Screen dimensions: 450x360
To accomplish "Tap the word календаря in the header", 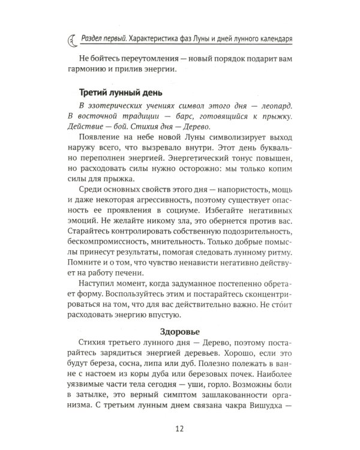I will pyautogui.click(x=273, y=40).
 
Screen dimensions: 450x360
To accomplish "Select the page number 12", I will pyautogui.click(x=179, y=427).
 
